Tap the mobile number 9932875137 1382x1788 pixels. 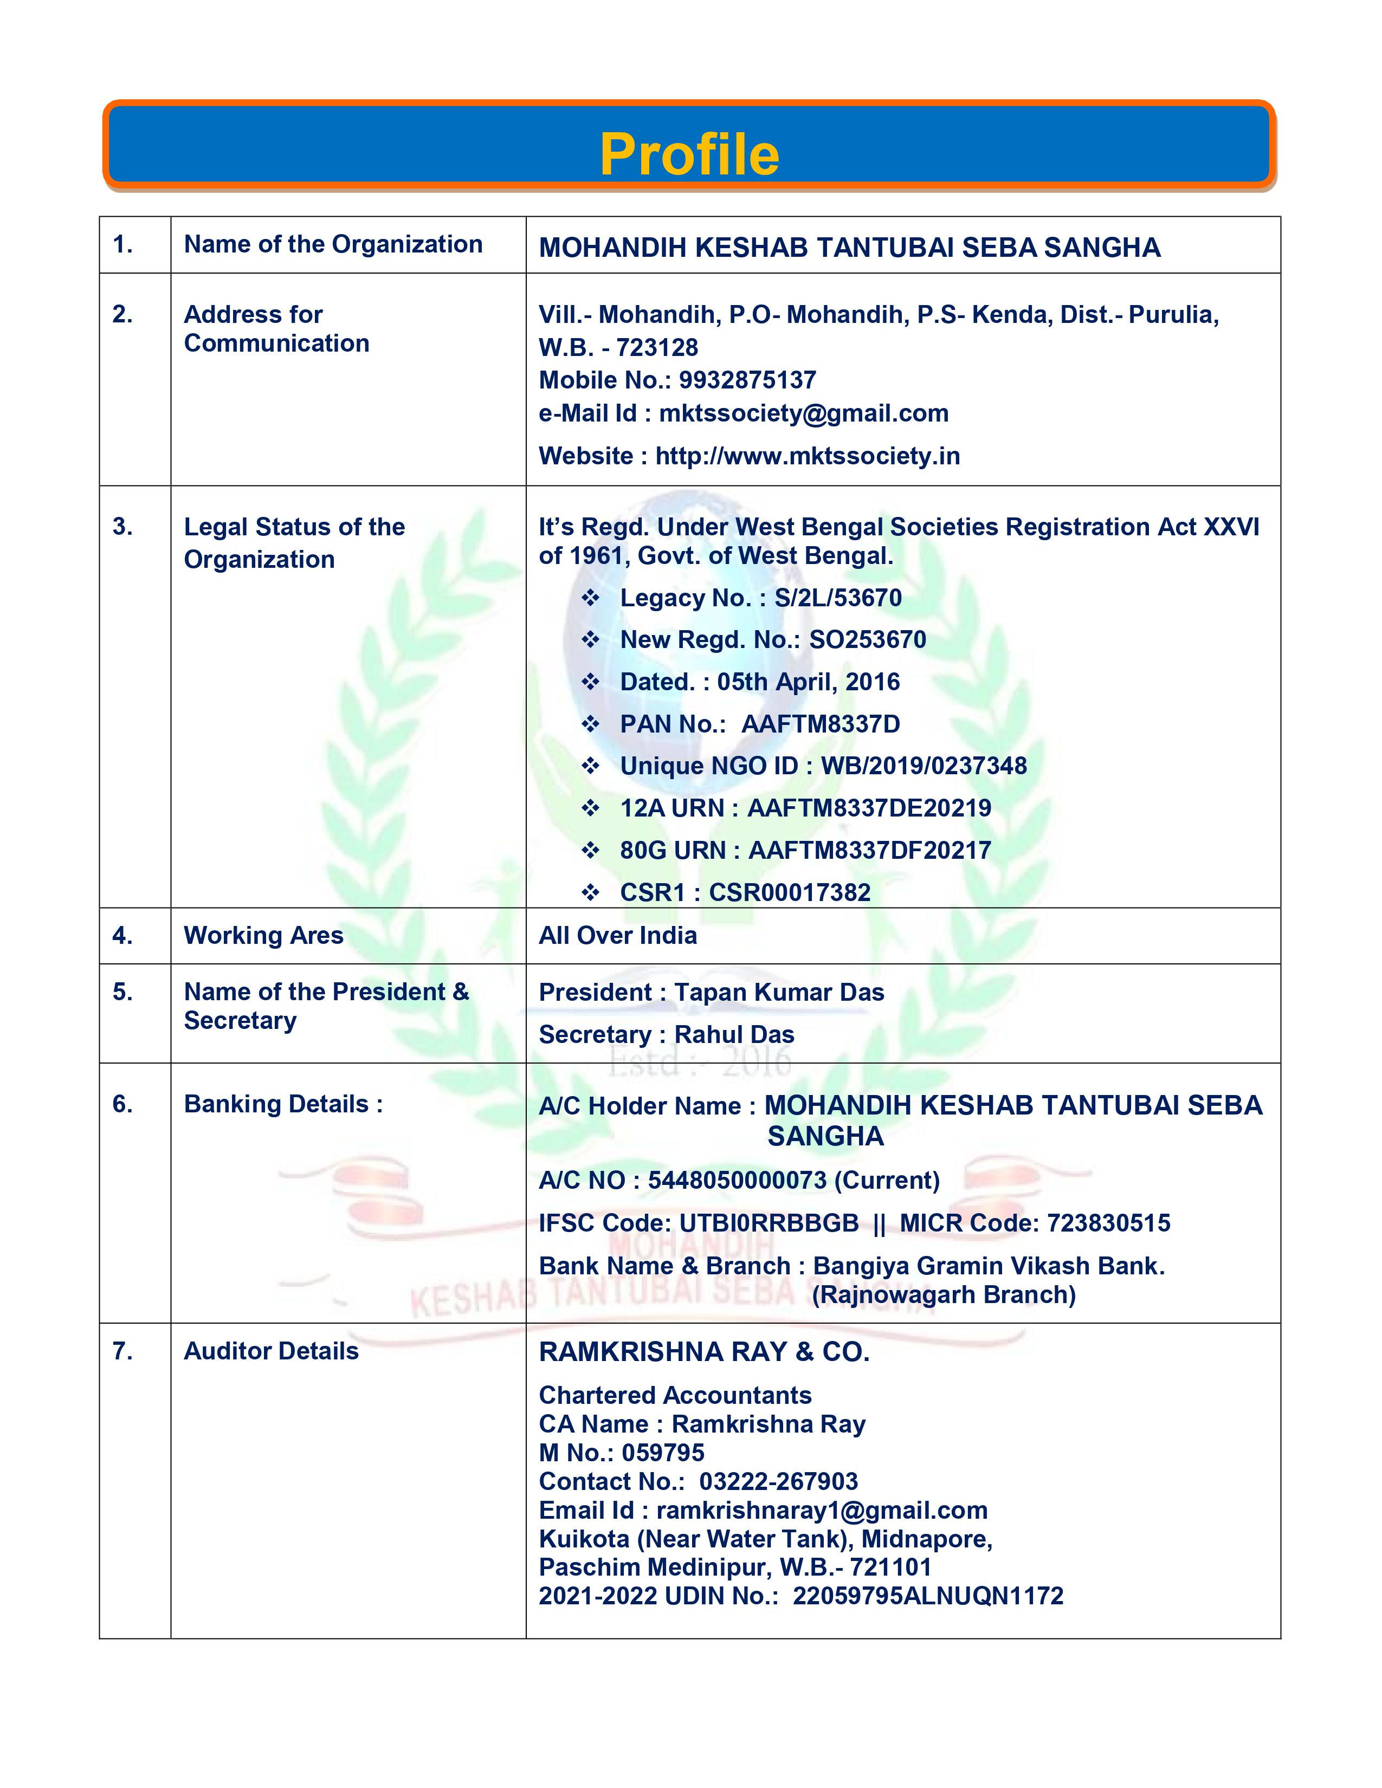tap(747, 380)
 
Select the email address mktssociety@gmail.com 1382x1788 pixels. tap(803, 413)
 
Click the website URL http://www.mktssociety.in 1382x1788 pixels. tap(808, 456)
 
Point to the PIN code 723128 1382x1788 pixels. tap(657, 348)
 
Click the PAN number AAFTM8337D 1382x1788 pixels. tap(821, 724)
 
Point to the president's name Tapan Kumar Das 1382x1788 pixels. tap(779, 992)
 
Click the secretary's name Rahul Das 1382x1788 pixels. tap(734, 1035)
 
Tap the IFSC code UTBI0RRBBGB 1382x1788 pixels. tap(769, 1223)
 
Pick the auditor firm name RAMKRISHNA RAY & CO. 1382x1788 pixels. tap(704, 1352)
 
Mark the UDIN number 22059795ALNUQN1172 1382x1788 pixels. tap(928, 1596)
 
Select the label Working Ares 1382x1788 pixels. tap(263, 935)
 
